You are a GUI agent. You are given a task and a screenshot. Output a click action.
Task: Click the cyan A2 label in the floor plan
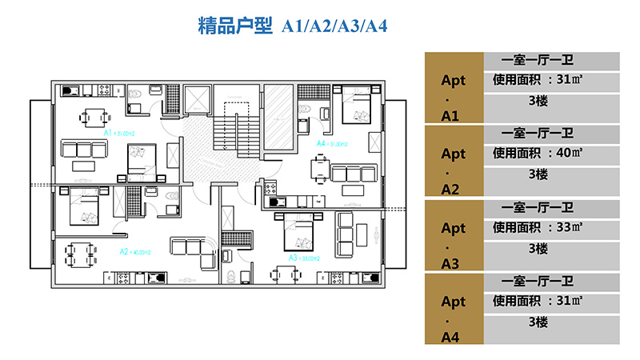point(125,251)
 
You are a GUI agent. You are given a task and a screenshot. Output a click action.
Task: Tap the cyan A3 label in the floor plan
point(294,258)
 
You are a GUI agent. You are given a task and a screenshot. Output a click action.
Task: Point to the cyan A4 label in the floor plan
point(322,143)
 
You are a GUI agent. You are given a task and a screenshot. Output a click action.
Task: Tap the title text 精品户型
point(235,26)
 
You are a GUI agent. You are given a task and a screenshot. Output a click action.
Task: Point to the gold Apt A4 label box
point(453,308)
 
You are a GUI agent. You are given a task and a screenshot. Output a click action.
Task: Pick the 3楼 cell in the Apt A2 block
point(538,174)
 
